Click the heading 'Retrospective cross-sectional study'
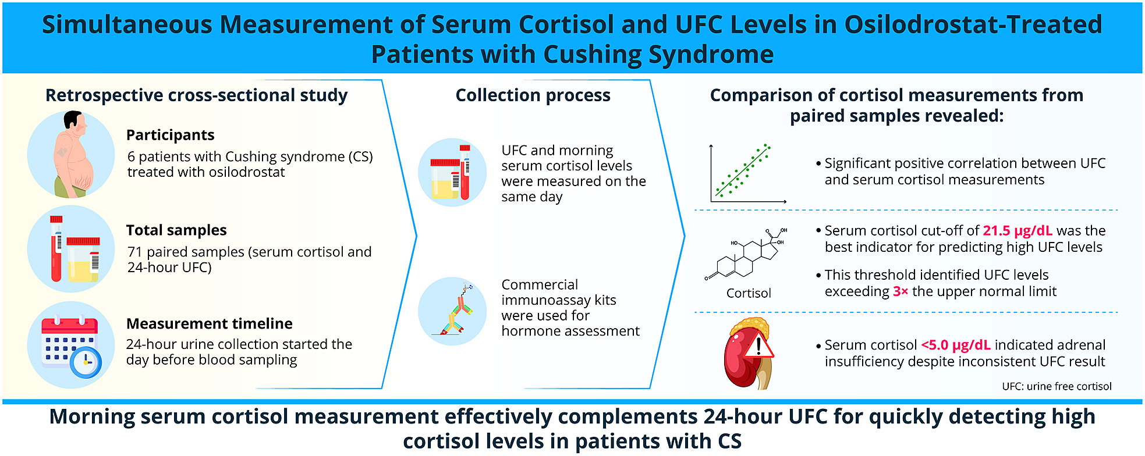click(196, 95)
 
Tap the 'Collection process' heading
click(533, 95)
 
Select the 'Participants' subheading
click(171, 135)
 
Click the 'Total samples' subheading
click(176, 230)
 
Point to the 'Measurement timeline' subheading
click(210, 323)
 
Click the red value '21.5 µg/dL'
click(1018, 231)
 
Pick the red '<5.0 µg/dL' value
click(956, 345)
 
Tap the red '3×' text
click(901, 291)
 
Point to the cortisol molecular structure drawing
click(746, 254)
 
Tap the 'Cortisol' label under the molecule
click(749, 293)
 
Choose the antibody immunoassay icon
click(455, 310)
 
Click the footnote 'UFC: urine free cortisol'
click(1057, 386)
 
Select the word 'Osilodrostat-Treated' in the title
click(973, 25)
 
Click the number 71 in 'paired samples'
click(135, 252)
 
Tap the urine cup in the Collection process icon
click(445, 179)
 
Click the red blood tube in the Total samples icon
click(56, 248)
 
